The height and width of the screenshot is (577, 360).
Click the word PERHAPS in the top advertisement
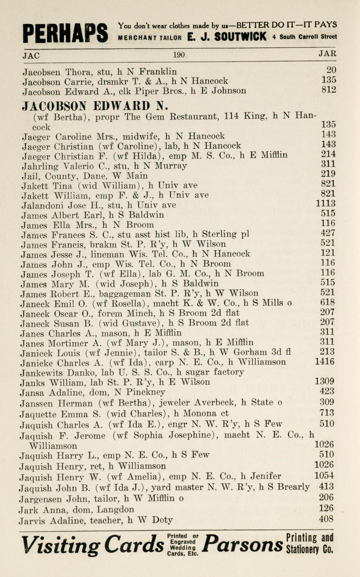[65, 33]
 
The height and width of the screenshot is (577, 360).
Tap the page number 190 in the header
[179, 54]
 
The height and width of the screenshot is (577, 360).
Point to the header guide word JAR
[327, 54]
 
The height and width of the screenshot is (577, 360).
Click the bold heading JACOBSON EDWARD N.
[95, 105]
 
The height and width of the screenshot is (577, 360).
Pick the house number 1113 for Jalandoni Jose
[325, 204]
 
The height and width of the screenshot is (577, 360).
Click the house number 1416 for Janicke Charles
[324, 362]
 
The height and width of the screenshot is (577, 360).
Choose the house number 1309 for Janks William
[324, 381]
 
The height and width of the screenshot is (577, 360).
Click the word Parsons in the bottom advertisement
[242, 545]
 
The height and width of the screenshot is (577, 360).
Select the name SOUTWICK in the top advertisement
[240, 37]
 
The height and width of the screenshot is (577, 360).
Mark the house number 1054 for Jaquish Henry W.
[324, 476]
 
